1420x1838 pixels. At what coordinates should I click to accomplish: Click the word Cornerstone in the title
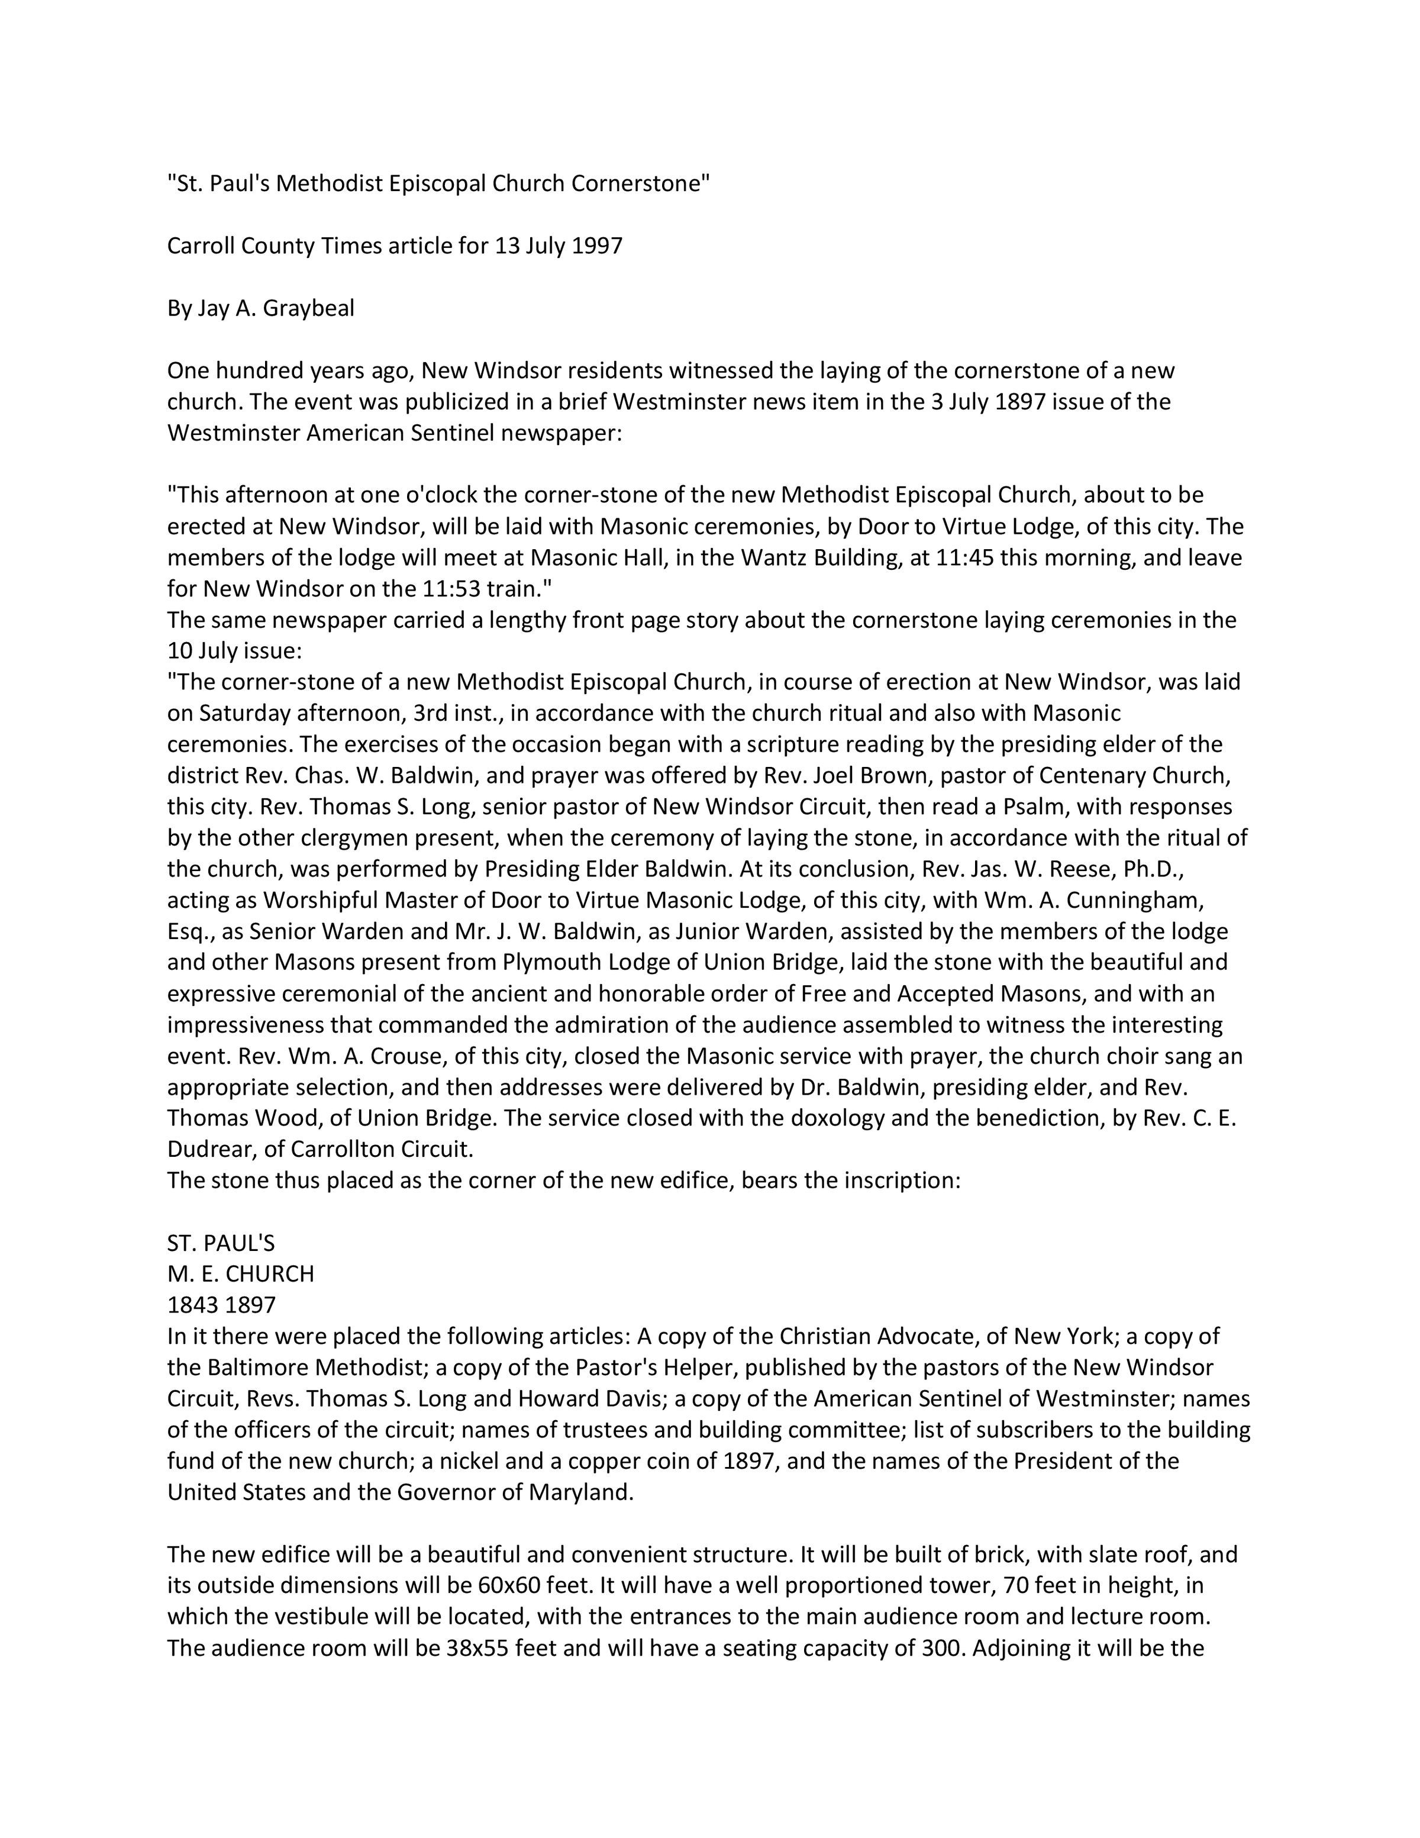[x=640, y=183]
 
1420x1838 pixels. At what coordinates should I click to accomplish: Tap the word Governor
[x=446, y=1491]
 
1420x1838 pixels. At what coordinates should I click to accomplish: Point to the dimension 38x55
[x=476, y=1647]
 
